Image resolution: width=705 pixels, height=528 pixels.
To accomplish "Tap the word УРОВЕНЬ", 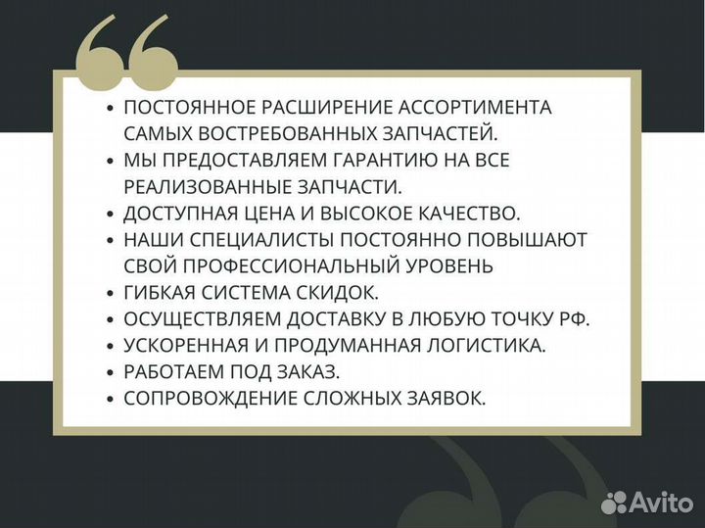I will (445, 264).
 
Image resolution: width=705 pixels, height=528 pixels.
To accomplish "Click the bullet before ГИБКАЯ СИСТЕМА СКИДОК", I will (111, 292).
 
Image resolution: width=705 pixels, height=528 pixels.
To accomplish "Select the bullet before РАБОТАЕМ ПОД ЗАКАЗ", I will (111, 371).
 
